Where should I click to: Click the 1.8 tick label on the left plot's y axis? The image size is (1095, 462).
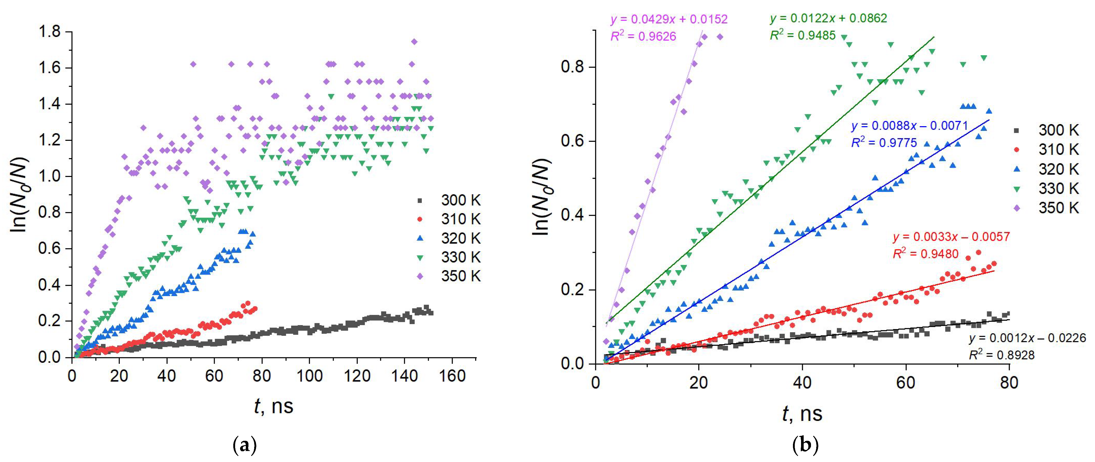[x=49, y=32]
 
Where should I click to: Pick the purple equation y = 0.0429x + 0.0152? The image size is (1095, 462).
[x=669, y=19]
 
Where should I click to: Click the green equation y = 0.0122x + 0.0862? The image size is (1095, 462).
[x=828, y=18]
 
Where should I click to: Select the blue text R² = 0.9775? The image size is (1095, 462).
[x=884, y=142]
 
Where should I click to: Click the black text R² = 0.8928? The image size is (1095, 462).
[x=1001, y=355]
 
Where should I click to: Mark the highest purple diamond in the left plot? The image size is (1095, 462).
[x=414, y=42]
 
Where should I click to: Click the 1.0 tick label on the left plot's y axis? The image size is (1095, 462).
[x=49, y=176]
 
